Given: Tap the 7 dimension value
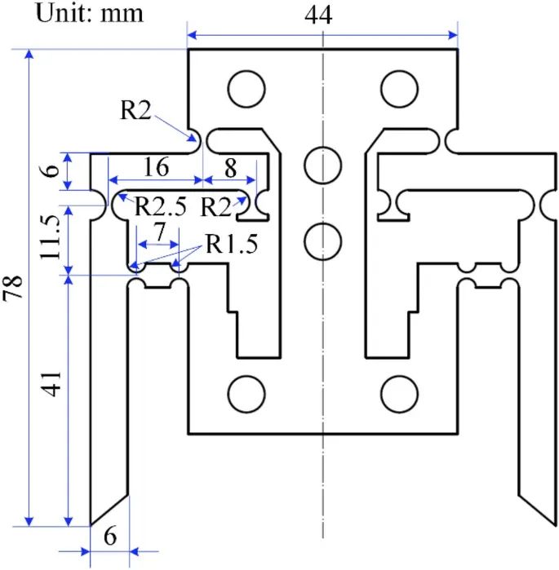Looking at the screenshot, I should [x=159, y=232].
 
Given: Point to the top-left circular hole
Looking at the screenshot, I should [x=246, y=88].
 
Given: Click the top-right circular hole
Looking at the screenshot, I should [x=399, y=88].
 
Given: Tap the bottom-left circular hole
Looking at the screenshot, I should [x=246, y=394].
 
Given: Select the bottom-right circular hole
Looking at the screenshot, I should [x=399, y=394].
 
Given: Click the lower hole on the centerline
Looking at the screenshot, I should [x=322, y=241].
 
